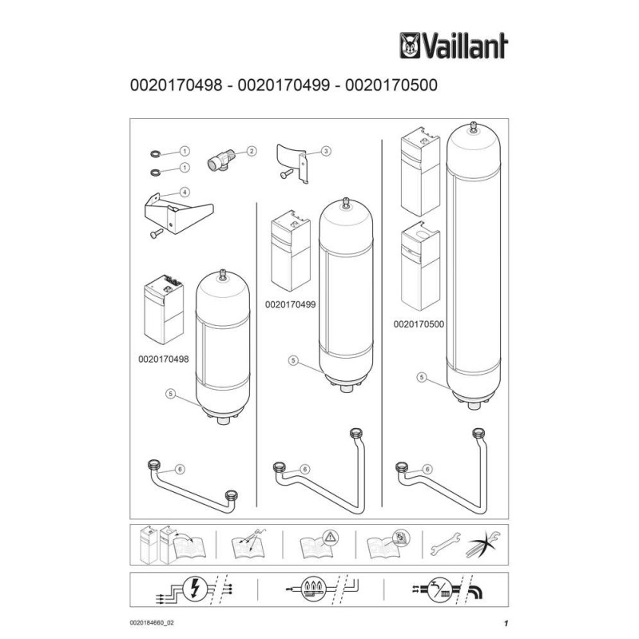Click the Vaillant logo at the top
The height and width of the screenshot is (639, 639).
(x=453, y=44)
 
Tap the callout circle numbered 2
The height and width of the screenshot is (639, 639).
(x=251, y=150)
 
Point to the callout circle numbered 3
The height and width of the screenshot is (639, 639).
(x=327, y=150)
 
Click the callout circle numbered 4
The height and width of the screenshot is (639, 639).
(x=185, y=192)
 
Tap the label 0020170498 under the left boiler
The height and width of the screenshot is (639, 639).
(x=163, y=359)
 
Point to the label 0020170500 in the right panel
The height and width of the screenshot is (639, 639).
(x=418, y=325)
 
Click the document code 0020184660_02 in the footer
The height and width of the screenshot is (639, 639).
(x=152, y=622)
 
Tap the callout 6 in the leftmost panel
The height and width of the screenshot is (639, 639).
(x=180, y=470)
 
